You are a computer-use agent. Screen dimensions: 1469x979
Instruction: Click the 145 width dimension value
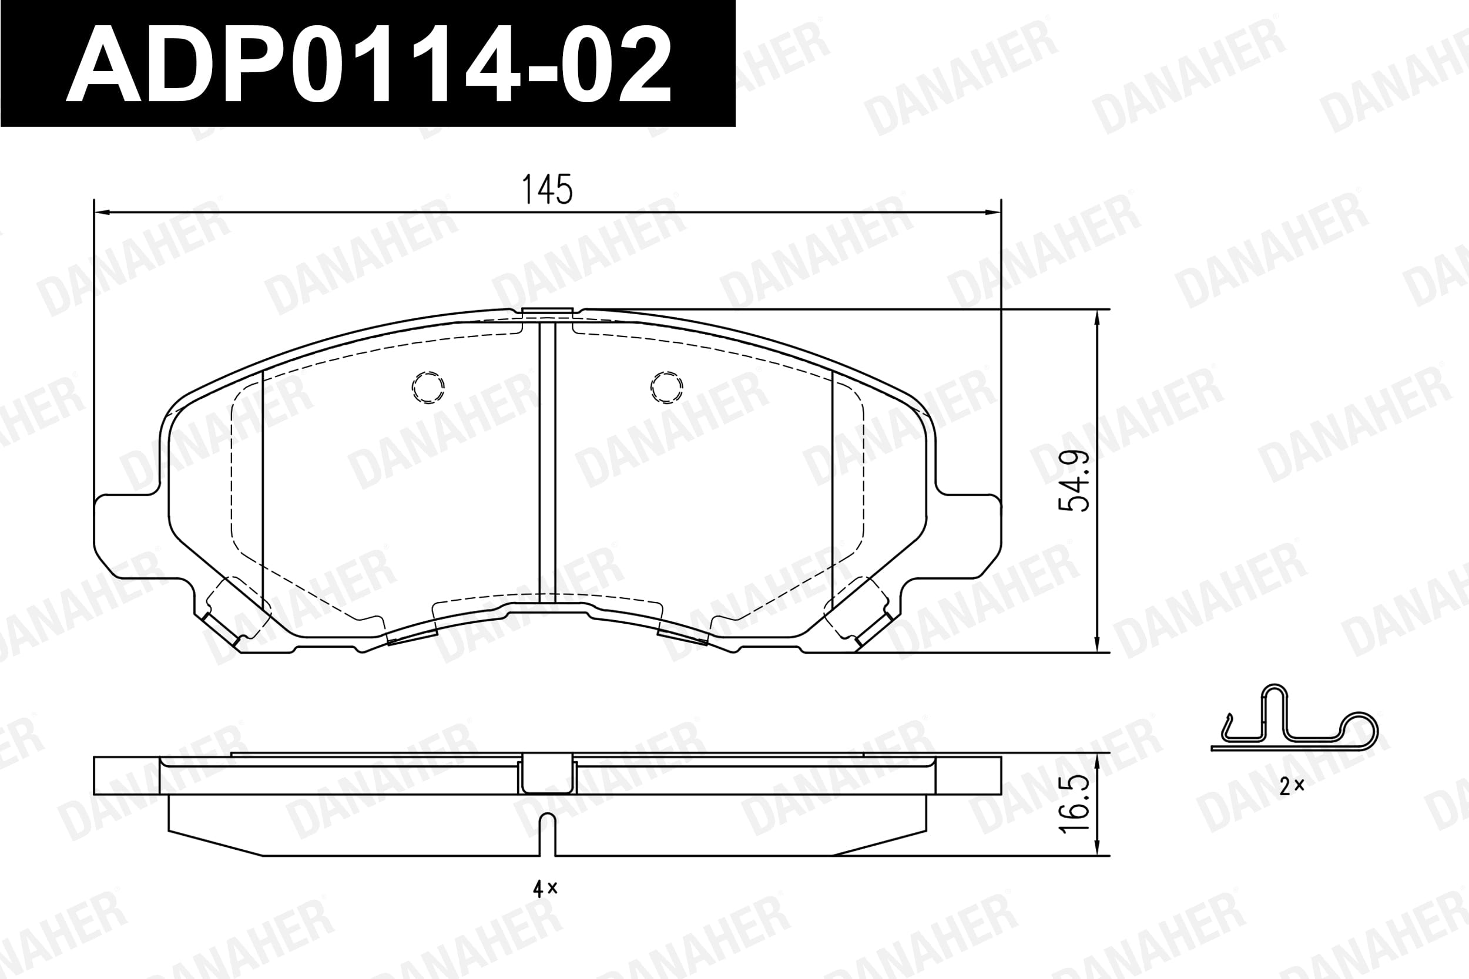(x=546, y=190)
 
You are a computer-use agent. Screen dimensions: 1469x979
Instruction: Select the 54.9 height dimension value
(x=1074, y=481)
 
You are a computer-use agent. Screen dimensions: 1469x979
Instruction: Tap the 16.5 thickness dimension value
(x=1074, y=805)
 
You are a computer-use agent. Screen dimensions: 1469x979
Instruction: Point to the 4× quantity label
(x=545, y=889)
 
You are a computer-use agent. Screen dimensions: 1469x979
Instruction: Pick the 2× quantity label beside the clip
(x=1292, y=786)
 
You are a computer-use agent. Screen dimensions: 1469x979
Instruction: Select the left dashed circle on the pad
(x=428, y=387)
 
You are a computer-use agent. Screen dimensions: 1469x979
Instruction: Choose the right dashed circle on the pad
(x=666, y=387)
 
